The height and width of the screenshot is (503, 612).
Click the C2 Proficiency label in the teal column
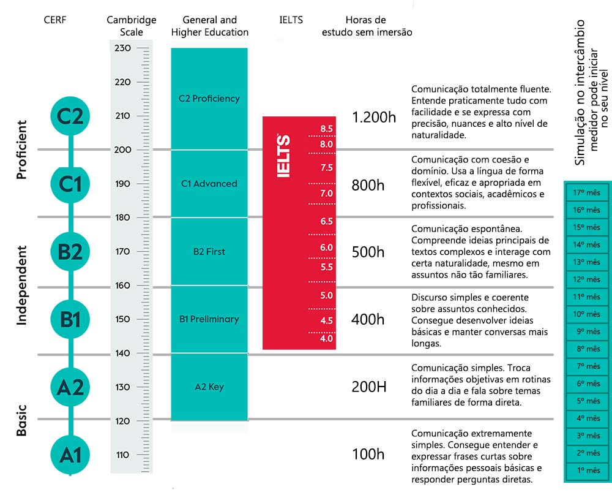[209, 99]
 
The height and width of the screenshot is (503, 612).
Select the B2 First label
[209, 251]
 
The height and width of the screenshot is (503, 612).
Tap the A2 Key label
[209, 387]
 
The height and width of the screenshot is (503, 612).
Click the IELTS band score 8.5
[326, 129]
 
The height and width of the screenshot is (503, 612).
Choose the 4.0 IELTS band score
[326, 338]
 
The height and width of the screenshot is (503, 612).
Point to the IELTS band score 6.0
[326, 248]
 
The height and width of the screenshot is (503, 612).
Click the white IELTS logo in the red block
[284, 156]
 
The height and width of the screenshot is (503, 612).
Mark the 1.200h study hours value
[375, 117]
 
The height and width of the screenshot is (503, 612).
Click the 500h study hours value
[368, 252]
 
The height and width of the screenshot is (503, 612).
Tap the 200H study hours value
[369, 387]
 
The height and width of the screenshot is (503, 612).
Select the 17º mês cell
[587, 192]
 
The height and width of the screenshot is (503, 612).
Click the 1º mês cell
[587, 471]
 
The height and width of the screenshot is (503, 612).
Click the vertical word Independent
[22, 285]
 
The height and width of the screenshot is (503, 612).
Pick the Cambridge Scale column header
[132, 26]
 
